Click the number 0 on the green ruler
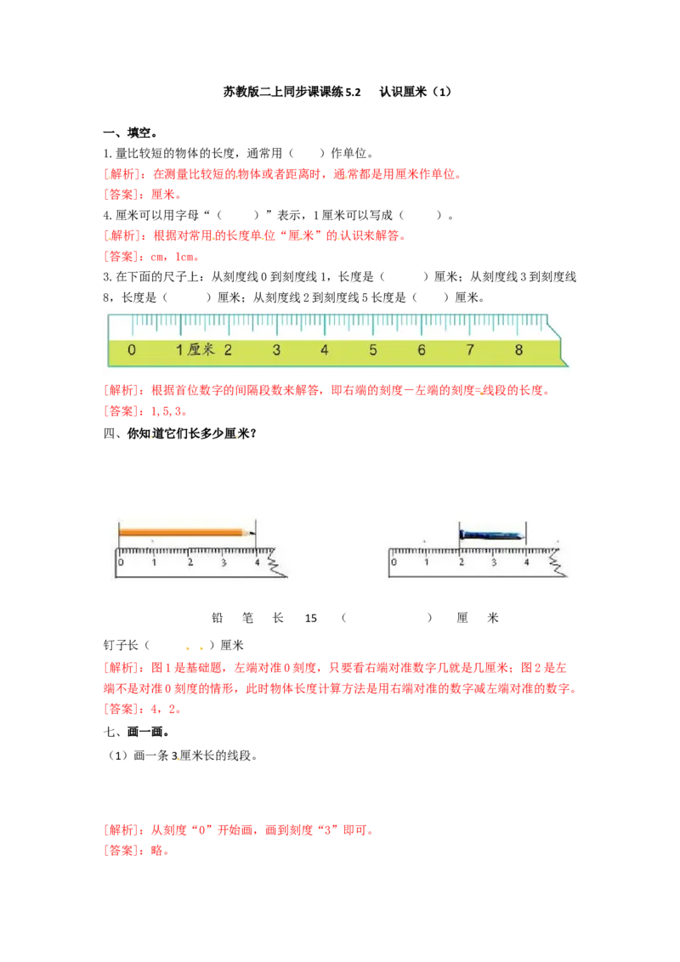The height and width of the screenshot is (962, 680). (131, 350)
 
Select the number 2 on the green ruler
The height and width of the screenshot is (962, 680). (228, 350)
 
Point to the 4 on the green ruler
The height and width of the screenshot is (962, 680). (325, 350)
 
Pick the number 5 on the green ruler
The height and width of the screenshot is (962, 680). (373, 350)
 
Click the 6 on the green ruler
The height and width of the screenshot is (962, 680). (422, 350)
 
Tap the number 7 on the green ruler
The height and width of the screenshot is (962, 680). (470, 350)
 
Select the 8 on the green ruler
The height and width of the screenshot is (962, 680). (518, 350)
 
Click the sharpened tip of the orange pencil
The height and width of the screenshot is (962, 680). (251, 533)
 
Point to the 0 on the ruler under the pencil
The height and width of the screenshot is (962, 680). (121, 562)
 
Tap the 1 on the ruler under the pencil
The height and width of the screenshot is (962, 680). (154, 562)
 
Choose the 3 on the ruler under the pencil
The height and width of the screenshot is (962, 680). (224, 562)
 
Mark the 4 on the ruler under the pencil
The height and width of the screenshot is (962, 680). (258, 562)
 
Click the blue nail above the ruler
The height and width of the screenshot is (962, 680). (491, 535)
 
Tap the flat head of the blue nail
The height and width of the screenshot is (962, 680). (461, 535)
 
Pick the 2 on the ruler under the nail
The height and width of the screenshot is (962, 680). (461, 562)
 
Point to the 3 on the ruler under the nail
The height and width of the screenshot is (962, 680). (494, 562)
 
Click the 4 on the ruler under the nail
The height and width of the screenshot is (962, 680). (527, 562)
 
